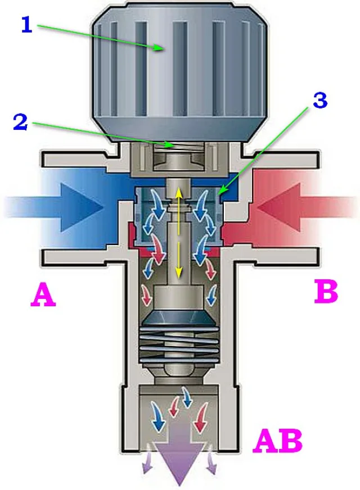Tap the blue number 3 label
click(319, 101)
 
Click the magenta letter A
click(43, 294)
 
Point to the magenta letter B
click(326, 292)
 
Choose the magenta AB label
click(278, 441)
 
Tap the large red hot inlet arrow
click(307, 207)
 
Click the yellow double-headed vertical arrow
click(178, 232)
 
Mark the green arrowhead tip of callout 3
click(217, 194)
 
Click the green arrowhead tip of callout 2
click(173, 146)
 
